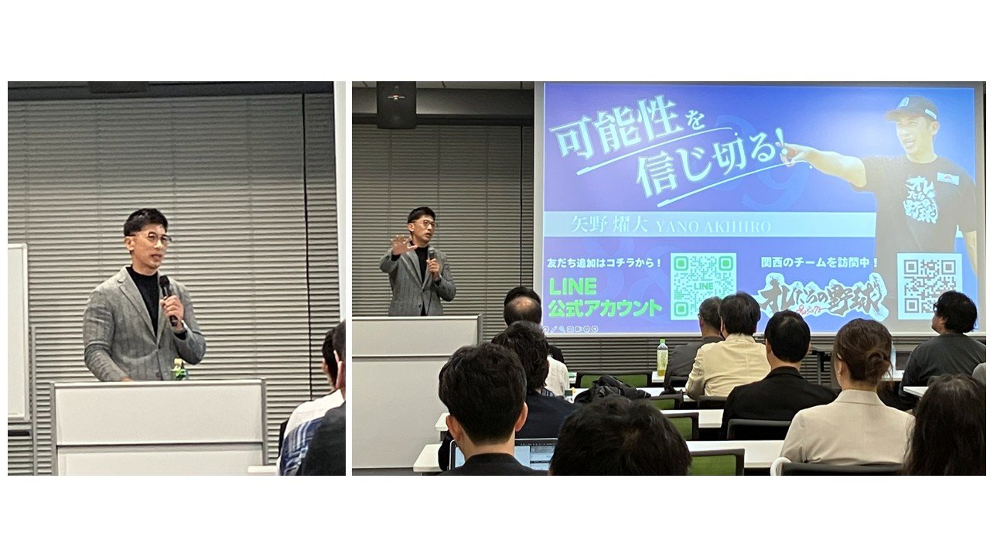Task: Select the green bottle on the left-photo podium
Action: coord(179,371)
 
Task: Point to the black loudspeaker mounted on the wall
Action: coord(396,104)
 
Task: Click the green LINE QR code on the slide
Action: coord(702,285)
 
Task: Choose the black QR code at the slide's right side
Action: coord(929,284)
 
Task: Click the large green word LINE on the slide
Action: coord(572,286)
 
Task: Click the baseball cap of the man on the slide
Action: coord(913,108)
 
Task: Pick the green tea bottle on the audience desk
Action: coord(662,357)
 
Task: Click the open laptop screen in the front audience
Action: coord(534,455)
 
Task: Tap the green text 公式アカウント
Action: coord(606,307)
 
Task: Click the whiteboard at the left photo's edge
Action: coord(17,333)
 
